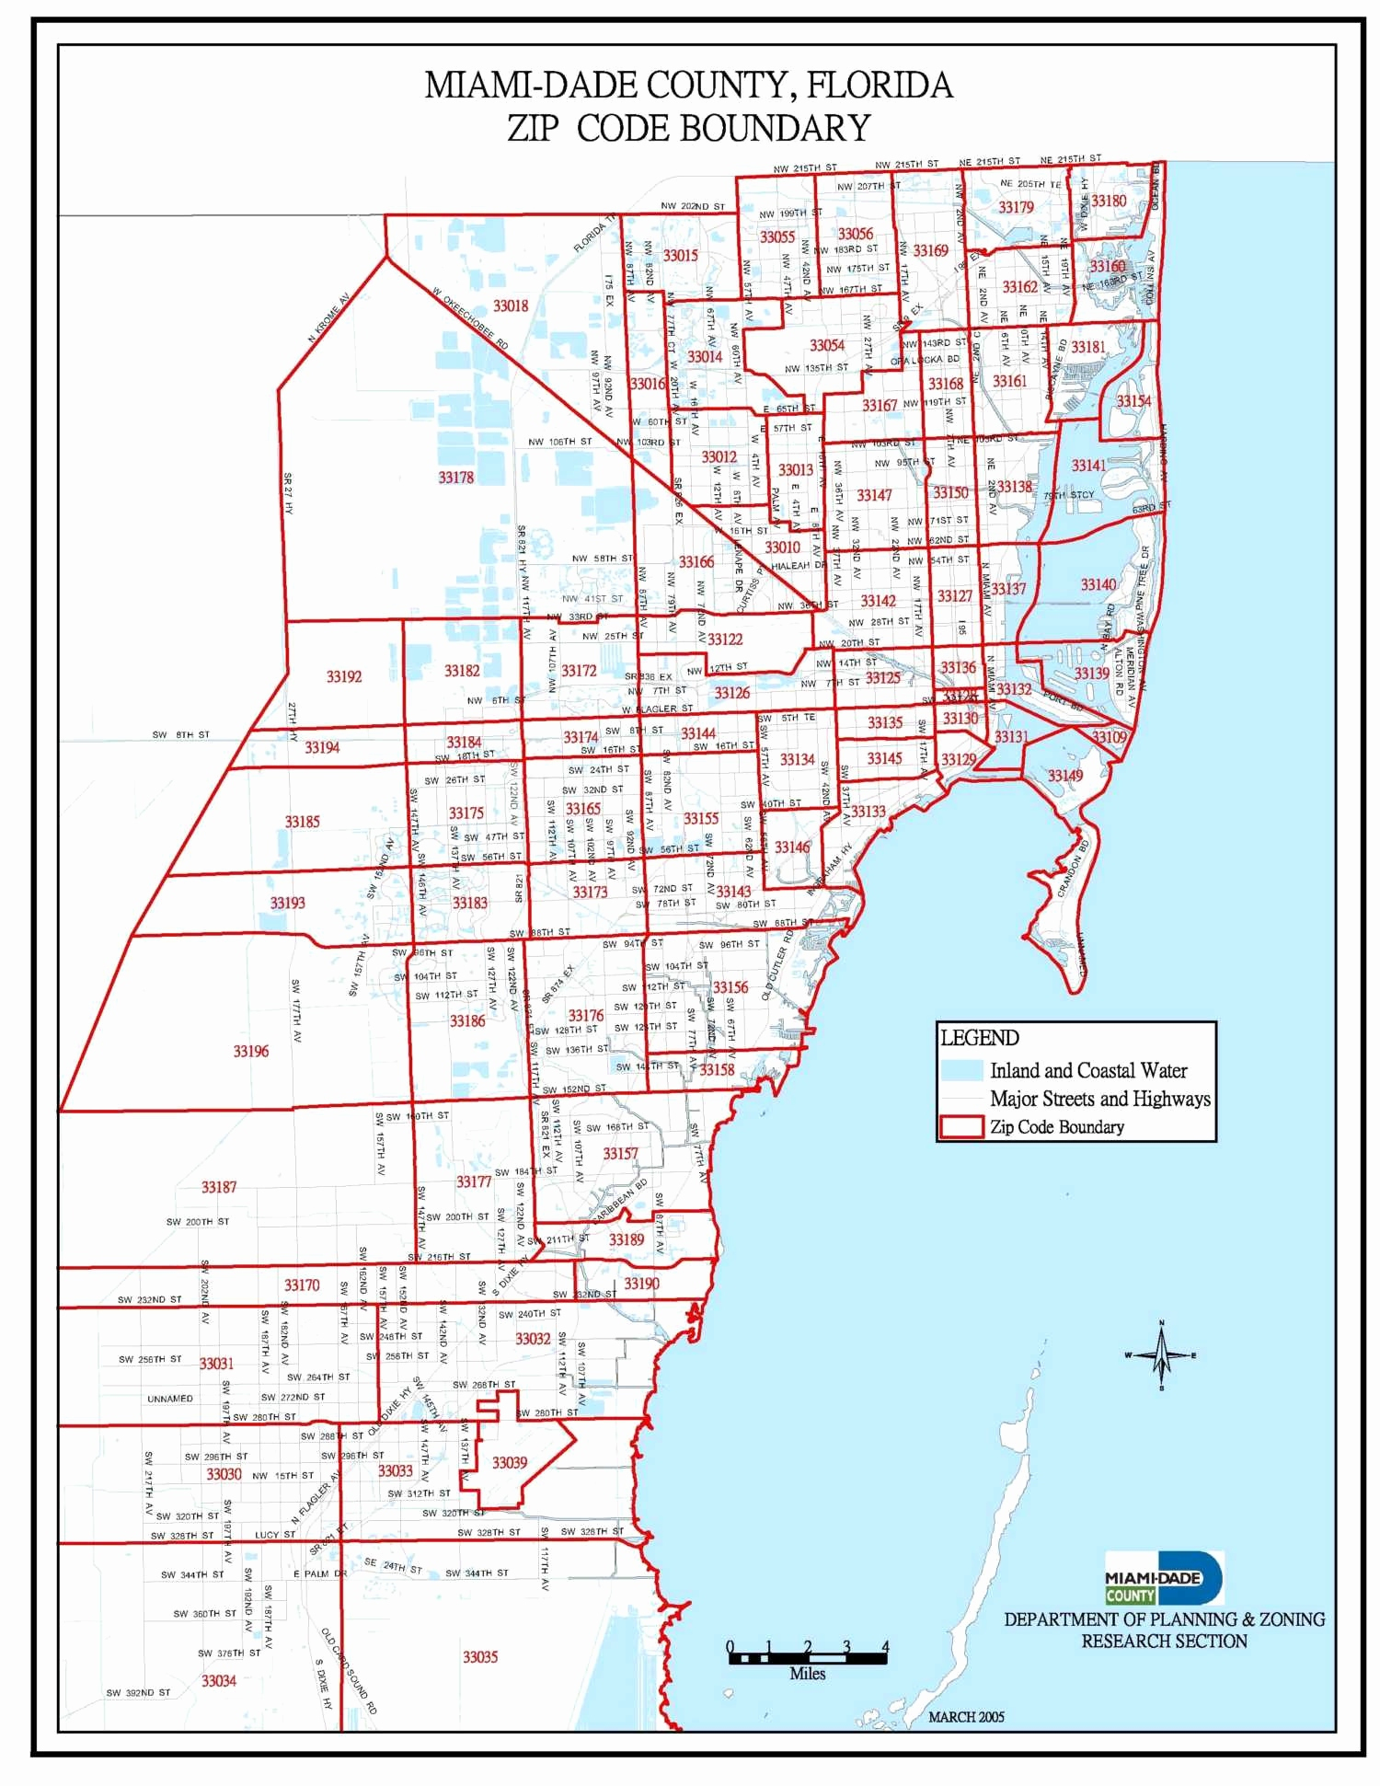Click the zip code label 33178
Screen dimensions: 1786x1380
(x=456, y=478)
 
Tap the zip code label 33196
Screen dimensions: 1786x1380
(x=250, y=1051)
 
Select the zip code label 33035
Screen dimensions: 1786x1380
(x=480, y=1656)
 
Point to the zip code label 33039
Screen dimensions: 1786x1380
(x=510, y=1463)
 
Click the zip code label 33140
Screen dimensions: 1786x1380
(x=1098, y=584)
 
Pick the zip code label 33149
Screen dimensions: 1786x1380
(x=1065, y=776)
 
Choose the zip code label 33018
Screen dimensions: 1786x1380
(x=511, y=305)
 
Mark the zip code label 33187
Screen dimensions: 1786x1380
(x=219, y=1187)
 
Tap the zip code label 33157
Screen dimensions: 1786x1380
(x=620, y=1153)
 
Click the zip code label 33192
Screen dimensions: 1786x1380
(x=344, y=676)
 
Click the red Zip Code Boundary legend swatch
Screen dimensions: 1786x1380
(x=961, y=1127)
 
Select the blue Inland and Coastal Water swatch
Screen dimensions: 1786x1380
(x=961, y=1070)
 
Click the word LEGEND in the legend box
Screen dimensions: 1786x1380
(x=980, y=1038)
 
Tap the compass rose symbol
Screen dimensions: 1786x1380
(x=1161, y=1354)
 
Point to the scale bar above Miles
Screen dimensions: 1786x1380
(x=808, y=1657)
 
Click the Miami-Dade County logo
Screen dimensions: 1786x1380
(x=1164, y=1578)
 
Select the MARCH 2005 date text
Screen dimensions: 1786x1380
(x=966, y=1716)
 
